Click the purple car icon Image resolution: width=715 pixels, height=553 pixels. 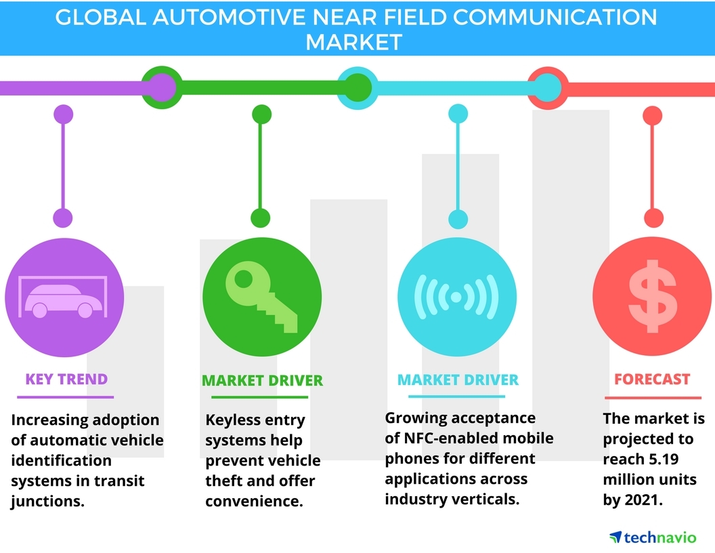tap(64, 298)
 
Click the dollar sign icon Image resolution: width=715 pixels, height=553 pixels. tap(652, 297)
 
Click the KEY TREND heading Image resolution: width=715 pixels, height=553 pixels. tap(66, 378)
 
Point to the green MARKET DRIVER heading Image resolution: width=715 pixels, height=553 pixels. tap(262, 380)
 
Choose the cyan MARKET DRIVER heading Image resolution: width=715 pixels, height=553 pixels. tap(458, 380)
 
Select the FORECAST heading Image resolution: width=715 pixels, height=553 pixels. tap(652, 380)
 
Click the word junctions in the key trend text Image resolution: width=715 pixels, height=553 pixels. tap(45, 501)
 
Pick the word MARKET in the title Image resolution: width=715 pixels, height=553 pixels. tap(353, 42)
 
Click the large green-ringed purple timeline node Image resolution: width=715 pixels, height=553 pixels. tap(160, 87)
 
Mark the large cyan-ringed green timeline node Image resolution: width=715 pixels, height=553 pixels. tap(357, 87)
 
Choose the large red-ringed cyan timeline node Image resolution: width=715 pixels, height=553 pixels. tap(547, 87)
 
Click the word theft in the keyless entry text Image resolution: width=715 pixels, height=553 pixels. tap(222, 480)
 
